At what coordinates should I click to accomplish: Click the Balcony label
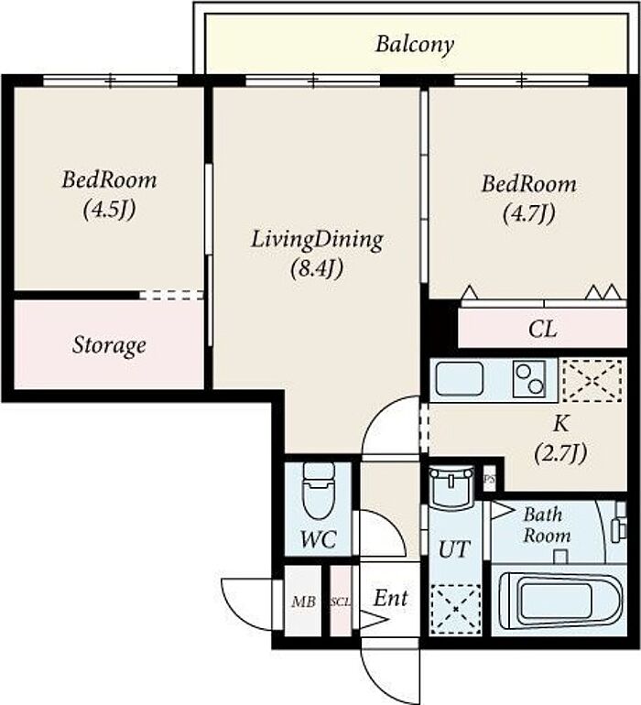(x=414, y=45)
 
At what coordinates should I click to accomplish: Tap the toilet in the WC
(x=319, y=491)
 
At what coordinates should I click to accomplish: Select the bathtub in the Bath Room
(x=560, y=601)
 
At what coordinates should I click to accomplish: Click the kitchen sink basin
(x=460, y=379)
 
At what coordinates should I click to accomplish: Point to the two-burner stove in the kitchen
(x=529, y=378)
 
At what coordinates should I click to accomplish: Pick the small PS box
(x=489, y=479)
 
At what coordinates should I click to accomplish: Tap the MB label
(x=303, y=602)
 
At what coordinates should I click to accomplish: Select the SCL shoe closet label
(x=341, y=602)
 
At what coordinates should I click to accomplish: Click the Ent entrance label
(x=390, y=599)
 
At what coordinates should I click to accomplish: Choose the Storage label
(x=109, y=345)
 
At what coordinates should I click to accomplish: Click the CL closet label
(x=542, y=329)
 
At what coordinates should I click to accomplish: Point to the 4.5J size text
(x=109, y=209)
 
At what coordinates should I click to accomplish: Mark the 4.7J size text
(x=528, y=213)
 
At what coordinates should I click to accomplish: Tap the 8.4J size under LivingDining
(x=317, y=269)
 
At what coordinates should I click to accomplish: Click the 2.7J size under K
(x=560, y=453)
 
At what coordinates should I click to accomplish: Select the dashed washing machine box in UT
(x=455, y=610)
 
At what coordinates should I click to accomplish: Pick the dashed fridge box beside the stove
(x=592, y=379)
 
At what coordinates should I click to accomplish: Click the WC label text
(x=319, y=539)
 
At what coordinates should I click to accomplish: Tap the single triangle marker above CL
(x=470, y=293)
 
